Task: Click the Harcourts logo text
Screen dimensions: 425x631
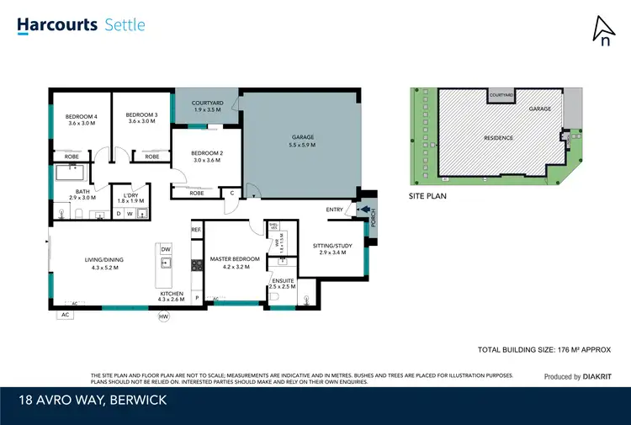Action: tap(56, 24)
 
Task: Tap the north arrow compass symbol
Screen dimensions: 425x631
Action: tap(602, 31)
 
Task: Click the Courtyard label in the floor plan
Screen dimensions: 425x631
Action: tap(206, 105)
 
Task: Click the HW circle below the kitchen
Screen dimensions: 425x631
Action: tap(163, 316)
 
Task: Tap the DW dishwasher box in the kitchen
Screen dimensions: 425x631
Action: tap(166, 249)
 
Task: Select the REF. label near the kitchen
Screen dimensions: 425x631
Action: tap(197, 229)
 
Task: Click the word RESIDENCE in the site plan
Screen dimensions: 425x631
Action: tap(500, 137)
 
